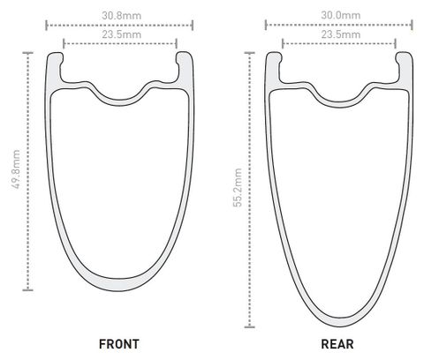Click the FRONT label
119,344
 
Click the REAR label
337,344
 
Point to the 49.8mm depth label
16,169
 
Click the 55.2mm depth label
238,187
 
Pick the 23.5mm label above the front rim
122,34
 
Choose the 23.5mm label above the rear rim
341,34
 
